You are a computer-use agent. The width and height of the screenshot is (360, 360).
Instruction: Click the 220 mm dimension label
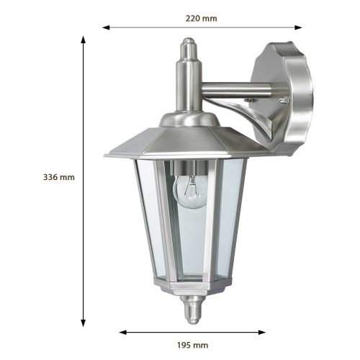[202, 17]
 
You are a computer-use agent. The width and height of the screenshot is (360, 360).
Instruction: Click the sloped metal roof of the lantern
[180, 140]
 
